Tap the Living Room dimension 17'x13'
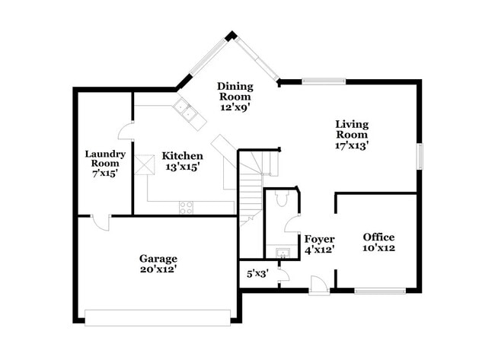click(353, 145)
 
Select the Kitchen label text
click(183, 156)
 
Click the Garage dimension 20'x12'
click(158, 269)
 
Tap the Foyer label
click(319, 239)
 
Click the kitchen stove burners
click(186, 207)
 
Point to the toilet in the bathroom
click(280, 199)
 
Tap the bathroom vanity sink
click(281, 252)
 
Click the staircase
click(252, 194)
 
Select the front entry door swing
click(320, 285)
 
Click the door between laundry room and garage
click(101, 222)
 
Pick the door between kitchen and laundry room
click(127, 130)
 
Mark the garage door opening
click(158, 317)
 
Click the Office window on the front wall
click(380, 291)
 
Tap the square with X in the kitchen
click(145, 164)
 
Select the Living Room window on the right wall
click(418, 156)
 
